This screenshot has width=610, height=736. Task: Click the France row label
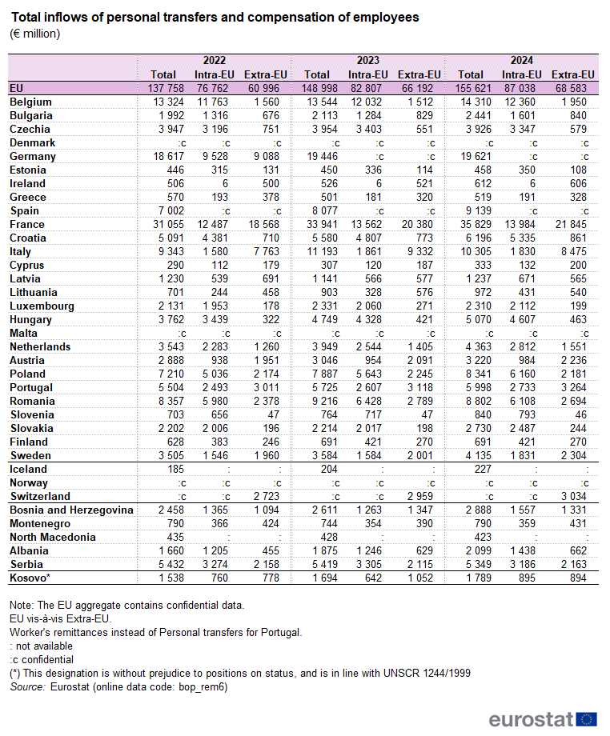(x=26, y=225)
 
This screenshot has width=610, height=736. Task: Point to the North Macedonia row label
(x=52, y=538)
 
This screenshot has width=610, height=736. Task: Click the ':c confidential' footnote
(x=42, y=660)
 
